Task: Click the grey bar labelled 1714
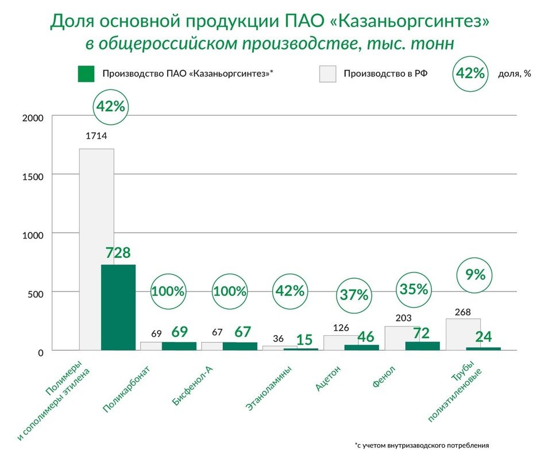(96, 250)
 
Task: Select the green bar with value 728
(118, 307)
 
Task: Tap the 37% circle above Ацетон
(353, 295)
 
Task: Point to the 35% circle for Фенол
(414, 289)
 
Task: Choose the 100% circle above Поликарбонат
(168, 291)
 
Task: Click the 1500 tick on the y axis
(33, 177)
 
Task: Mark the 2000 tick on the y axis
(33, 118)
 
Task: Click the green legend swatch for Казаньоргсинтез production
(86, 74)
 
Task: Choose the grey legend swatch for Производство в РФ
(327, 74)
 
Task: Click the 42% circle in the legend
(470, 74)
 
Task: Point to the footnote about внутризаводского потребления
(422, 445)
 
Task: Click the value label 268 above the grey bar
(462, 312)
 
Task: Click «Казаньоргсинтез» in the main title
(410, 22)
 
